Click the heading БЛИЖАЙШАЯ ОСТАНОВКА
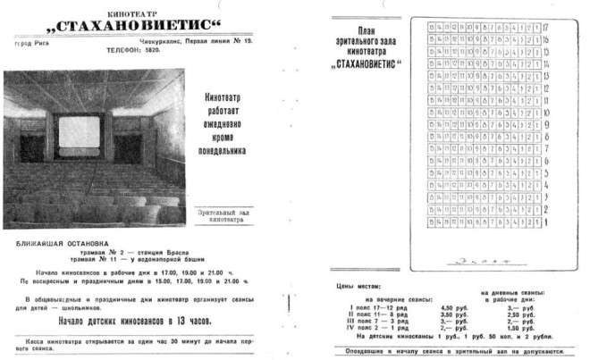tap(62, 241)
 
